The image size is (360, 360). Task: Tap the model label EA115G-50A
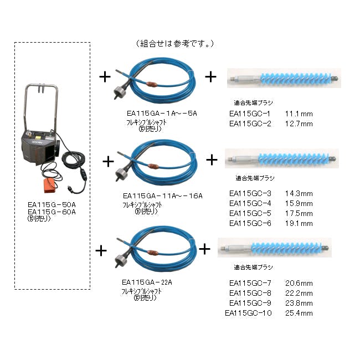pos(52,204)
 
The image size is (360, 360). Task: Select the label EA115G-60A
pos(52,212)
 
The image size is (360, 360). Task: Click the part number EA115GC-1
pos(250,114)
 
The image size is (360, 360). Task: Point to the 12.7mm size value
pos(299,124)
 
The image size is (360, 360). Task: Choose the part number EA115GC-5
pos(250,213)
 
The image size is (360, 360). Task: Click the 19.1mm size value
pos(299,223)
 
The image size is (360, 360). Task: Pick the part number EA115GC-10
pos(248,313)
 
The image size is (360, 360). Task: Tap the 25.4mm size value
pos(299,313)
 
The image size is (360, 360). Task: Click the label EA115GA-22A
pos(147,282)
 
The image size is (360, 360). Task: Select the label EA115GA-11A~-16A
pos(163,196)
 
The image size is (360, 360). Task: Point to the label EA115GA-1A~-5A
pos(162,114)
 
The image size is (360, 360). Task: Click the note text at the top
pos(175,43)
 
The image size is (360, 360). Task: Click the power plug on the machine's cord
pos(70,189)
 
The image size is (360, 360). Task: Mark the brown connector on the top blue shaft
pos(152,85)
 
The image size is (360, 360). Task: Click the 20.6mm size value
pos(299,283)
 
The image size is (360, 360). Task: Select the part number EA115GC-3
pos(250,193)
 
